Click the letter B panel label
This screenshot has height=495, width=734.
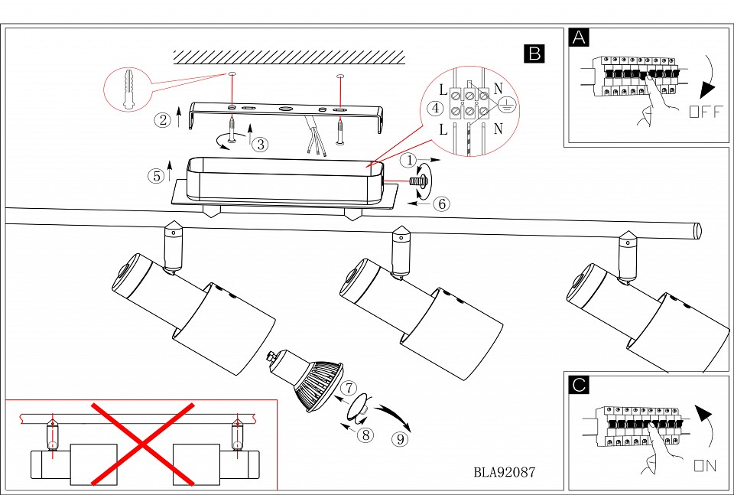click(x=534, y=53)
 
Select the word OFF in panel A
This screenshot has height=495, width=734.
click(x=704, y=112)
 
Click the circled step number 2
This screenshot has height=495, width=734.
click(x=162, y=119)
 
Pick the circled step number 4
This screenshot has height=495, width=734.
click(x=435, y=108)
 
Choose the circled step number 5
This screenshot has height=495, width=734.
click(x=155, y=176)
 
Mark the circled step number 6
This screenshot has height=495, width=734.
click(x=440, y=204)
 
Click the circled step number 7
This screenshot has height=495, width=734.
click(x=349, y=388)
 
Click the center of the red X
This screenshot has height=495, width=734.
click(x=142, y=444)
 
